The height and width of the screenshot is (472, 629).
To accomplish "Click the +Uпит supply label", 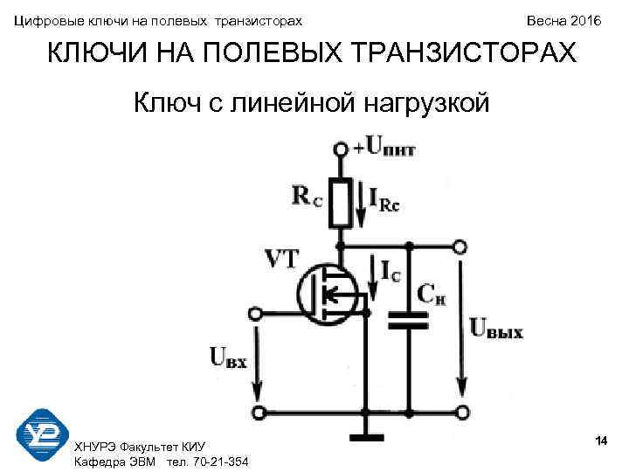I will point(386,147).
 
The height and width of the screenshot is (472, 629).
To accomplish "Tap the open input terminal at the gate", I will point(256,312).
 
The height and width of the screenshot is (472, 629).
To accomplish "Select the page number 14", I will point(600,439).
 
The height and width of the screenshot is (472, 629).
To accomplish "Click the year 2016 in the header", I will point(584,19).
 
